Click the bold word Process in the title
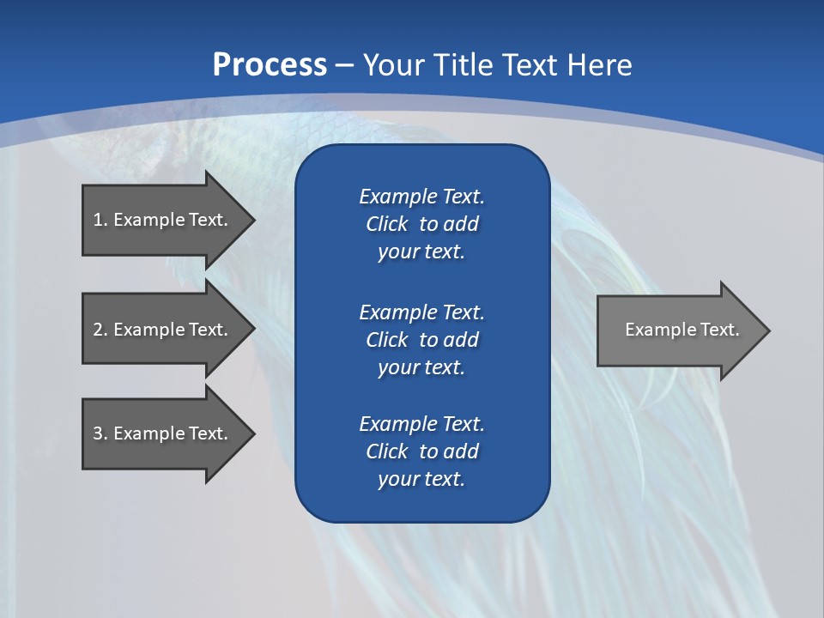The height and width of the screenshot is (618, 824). tap(270, 65)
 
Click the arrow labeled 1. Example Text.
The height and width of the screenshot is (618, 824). tap(163, 220)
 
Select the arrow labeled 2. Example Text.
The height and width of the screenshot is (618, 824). tap(163, 330)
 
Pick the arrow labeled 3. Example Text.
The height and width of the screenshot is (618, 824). tap(163, 433)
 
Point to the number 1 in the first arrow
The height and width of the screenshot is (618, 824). tap(98, 220)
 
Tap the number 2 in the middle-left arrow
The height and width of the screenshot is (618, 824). tap(98, 330)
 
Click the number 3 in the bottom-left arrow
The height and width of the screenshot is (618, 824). tap(98, 433)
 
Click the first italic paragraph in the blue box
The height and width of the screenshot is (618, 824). tap(421, 224)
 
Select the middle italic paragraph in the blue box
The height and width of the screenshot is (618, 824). tap(421, 339)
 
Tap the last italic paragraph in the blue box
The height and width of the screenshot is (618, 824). tap(421, 451)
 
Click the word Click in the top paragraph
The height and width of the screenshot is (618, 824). tap(386, 224)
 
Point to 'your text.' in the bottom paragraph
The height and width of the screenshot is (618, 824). tap(421, 479)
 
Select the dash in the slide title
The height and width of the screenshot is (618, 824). tap(345, 65)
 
